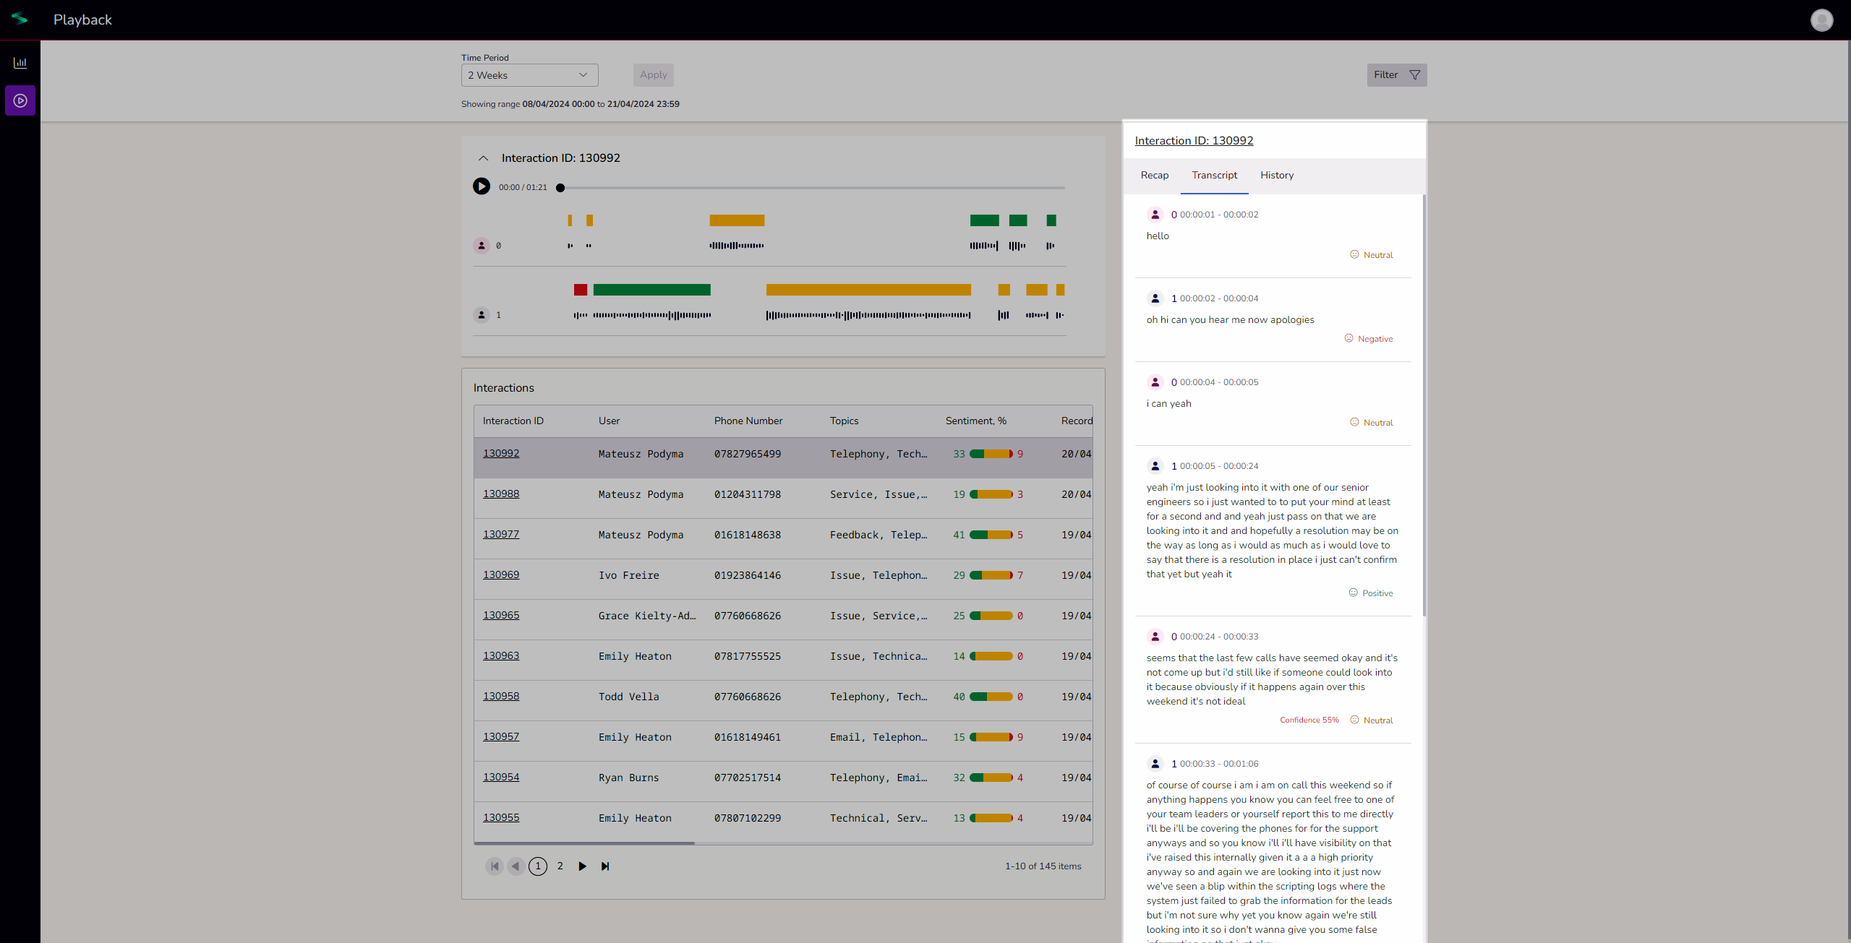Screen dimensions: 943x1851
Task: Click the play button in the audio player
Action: (x=481, y=186)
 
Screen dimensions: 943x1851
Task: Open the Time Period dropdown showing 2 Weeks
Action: (x=529, y=75)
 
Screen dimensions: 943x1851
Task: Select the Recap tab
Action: (x=1154, y=176)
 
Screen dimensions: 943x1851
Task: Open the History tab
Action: (x=1276, y=176)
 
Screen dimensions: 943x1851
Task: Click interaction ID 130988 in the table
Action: (x=501, y=494)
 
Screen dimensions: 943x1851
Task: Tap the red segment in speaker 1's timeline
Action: (x=580, y=290)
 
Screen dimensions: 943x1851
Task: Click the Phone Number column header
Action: (x=748, y=421)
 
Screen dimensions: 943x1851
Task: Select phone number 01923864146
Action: (x=748, y=576)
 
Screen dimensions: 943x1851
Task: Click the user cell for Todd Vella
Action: (x=628, y=697)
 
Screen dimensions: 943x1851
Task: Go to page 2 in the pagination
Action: (x=560, y=866)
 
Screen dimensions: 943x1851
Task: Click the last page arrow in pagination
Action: (x=605, y=866)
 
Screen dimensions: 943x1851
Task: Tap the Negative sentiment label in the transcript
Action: (x=1374, y=339)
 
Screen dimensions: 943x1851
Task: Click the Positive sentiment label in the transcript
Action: (x=1377, y=593)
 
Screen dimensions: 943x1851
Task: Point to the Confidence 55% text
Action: (x=1309, y=720)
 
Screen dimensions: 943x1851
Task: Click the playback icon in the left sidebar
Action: (x=20, y=100)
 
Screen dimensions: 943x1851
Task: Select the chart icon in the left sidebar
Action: (x=20, y=63)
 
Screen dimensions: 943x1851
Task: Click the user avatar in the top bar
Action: (x=1821, y=20)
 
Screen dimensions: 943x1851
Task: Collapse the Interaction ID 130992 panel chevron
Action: (x=484, y=158)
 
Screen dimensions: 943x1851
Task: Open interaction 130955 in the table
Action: (x=501, y=818)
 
